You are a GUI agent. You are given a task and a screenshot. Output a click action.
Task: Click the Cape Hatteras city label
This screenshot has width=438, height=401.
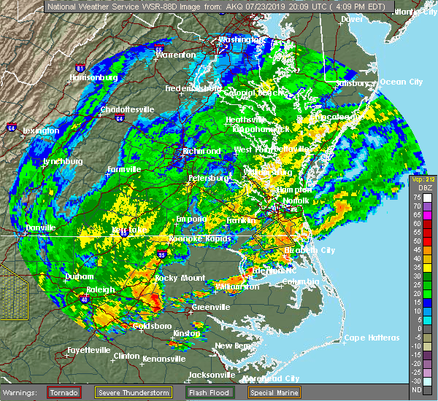pyautogui.click(x=372, y=338)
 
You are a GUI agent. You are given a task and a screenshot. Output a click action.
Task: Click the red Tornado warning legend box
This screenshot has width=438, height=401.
pyautogui.click(x=64, y=392)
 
